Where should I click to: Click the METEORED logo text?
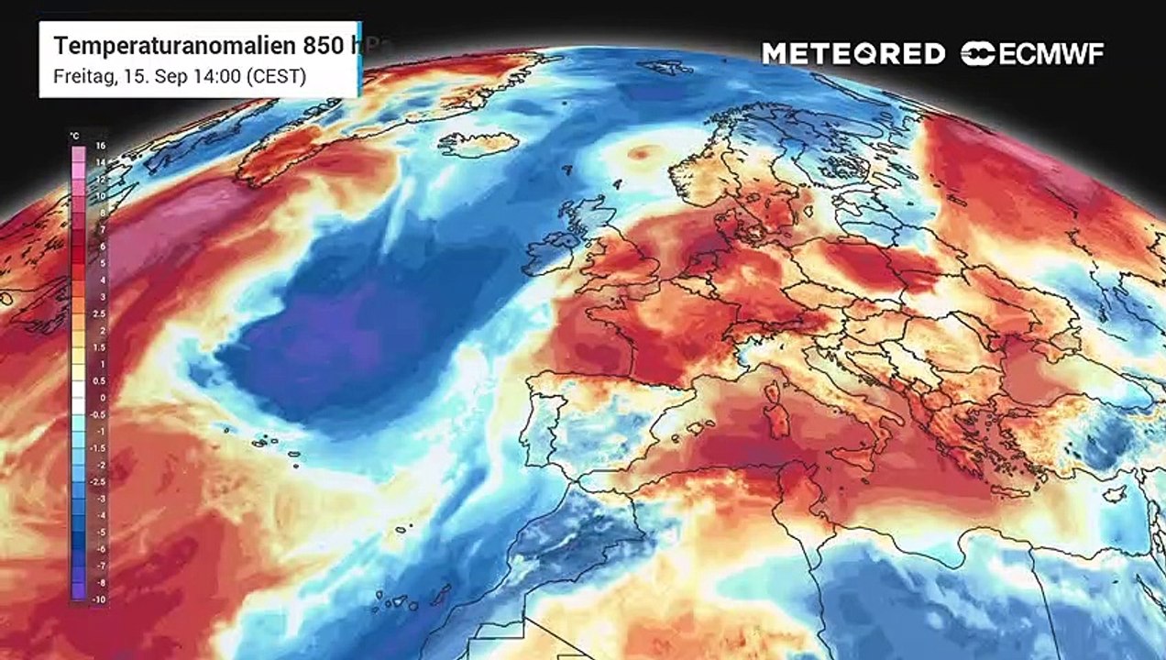click(x=853, y=54)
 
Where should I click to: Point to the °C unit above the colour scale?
click(x=75, y=137)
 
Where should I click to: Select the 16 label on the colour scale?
click(x=101, y=146)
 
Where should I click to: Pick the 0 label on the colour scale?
click(x=102, y=398)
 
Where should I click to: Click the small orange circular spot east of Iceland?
click(x=642, y=152)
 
